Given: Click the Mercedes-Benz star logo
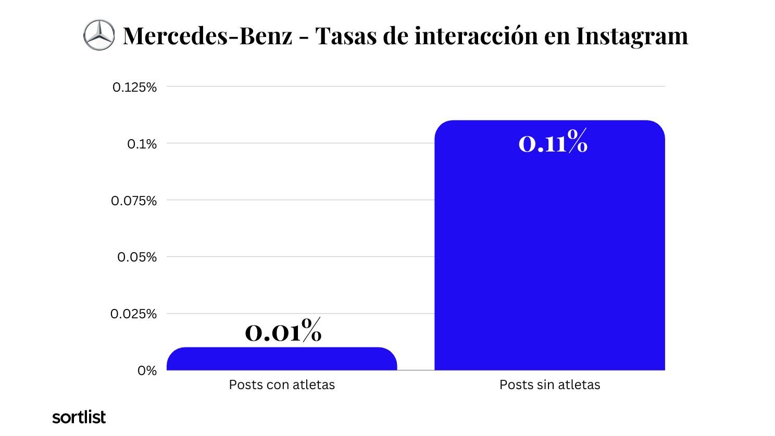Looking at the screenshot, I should [x=98, y=35].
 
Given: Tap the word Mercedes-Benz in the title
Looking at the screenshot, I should [x=207, y=36].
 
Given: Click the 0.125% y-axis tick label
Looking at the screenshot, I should [x=134, y=87].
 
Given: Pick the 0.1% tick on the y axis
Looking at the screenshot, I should [x=142, y=144].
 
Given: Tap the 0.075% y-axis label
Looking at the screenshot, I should [x=134, y=201].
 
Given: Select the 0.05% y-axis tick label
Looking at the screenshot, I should [x=137, y=257].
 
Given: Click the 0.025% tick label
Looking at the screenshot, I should [x=134, y=314].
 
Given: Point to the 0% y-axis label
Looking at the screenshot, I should [x=147, y=371].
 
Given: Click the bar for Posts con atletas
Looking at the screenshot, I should [x=282, y=359].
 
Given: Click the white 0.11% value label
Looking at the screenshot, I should [x=553, y=142].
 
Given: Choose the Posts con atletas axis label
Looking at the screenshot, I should [x=282, y=385].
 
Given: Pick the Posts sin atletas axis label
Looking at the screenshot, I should [x=549, y=385].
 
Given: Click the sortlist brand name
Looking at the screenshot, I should [x=79, y=417].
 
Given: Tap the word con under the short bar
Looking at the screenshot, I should [x=276, y=385].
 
